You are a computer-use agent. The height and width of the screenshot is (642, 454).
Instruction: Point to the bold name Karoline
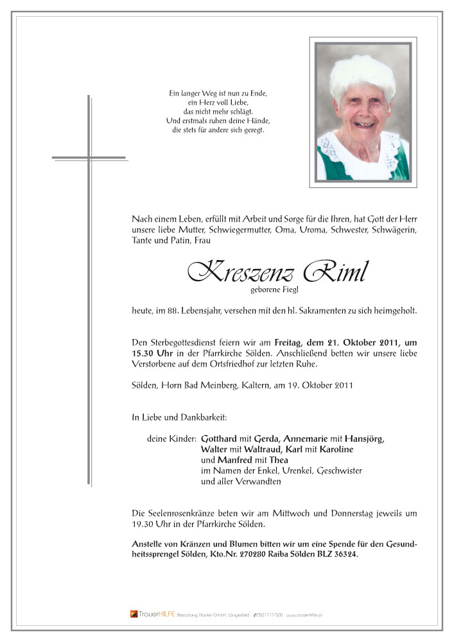tap(333, 449)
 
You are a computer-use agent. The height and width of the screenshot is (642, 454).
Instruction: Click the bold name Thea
tap(278, 460)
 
